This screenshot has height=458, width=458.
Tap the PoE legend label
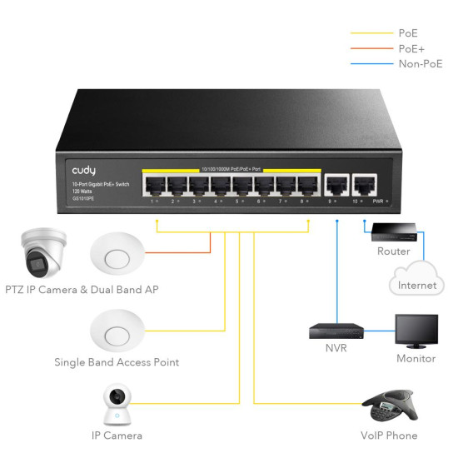click(x=409, y=33)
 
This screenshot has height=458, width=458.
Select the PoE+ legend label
click(x=411, y=48)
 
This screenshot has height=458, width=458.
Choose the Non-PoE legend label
click(x=421, y=64)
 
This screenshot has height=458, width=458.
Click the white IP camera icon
click(x=117, y=405)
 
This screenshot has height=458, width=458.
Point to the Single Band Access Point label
click(x=117, y=362)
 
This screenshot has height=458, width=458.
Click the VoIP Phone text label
click(x=390, y=436)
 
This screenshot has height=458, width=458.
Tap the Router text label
click(x=393, y=251)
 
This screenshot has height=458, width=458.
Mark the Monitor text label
click(x=416, y=359)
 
